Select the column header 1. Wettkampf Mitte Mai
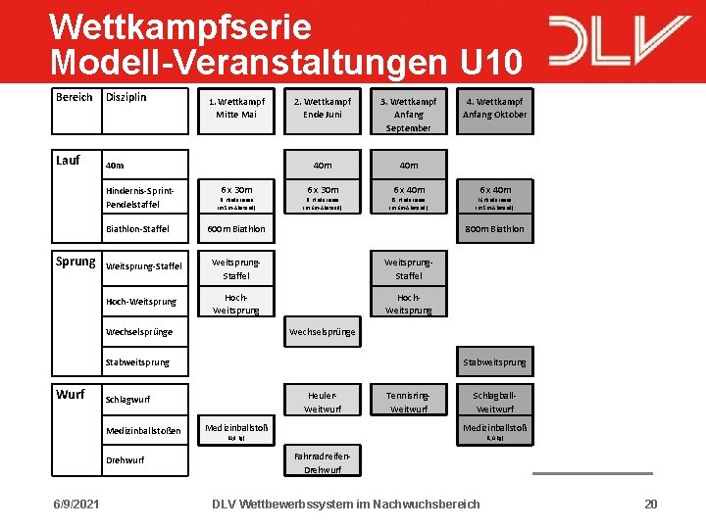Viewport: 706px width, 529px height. (x=235, y=108)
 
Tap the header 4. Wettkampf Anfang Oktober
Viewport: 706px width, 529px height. (x=494, y=108)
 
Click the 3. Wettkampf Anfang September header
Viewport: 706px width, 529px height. (x=408, y=114)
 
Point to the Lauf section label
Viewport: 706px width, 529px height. (x=68, y=160)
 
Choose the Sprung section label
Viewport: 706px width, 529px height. (x=75, y=262)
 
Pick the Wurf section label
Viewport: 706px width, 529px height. (x=70, y=395)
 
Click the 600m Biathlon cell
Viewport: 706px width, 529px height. (x=235, y=229)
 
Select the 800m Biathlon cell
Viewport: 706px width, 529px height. (x=494, y=229)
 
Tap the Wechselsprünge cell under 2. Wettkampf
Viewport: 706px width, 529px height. (x=322, y=332)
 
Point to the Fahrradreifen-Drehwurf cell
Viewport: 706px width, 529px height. (x=322, y=462)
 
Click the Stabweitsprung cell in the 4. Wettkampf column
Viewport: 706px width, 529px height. (x=494, y=362)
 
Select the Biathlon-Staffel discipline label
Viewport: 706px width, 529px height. (x=137, y=229)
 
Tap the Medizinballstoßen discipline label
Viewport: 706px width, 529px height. (x=143, y=430)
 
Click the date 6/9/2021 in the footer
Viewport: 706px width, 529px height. (x=76, y=504)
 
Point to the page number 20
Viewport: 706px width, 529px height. (x=650, y=504)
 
